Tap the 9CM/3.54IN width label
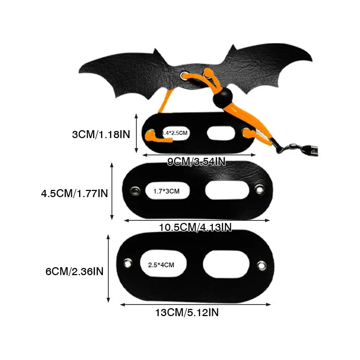[x=197, y=161]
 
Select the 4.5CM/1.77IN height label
[x=74, y=193]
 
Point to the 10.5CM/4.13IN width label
[x=195, y=227]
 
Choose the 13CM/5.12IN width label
[x=187, y=313]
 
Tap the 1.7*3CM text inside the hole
[x=166, y=191]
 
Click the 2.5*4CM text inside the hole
[x=161, y=265]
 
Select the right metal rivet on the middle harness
[x=259, y=188]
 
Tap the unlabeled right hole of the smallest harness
[x=221, y=133]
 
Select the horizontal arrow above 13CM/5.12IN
[x=195, y=305]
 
